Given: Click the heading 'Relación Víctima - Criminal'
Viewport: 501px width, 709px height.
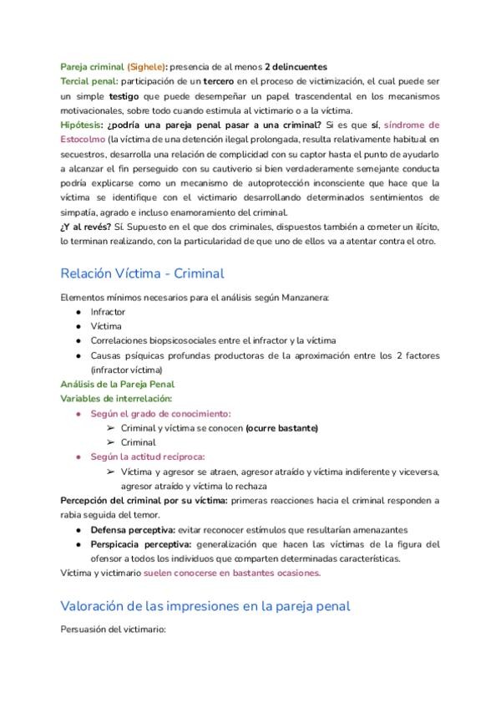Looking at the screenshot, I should [x=142, y=273].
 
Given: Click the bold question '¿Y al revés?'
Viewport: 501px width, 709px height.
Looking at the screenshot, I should [x=87, y=227].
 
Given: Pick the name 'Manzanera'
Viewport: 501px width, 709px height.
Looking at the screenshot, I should [x=308, y=297].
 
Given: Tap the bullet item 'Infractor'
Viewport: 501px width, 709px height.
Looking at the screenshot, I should [x=108, y=311].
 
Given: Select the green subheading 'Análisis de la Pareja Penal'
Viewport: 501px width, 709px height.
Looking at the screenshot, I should [x=117, y=384].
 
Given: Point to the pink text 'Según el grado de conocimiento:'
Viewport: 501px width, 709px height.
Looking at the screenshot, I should [x=160, y=413].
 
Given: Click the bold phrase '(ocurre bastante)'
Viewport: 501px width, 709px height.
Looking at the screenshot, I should [x=281, y=428].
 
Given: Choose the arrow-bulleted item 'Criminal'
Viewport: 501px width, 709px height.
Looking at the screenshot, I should [x=138, y=442].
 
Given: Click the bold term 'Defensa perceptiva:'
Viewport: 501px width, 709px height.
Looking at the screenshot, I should [x=133, y=529].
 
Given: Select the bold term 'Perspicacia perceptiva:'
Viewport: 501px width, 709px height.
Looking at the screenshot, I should [x=142, y=543].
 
